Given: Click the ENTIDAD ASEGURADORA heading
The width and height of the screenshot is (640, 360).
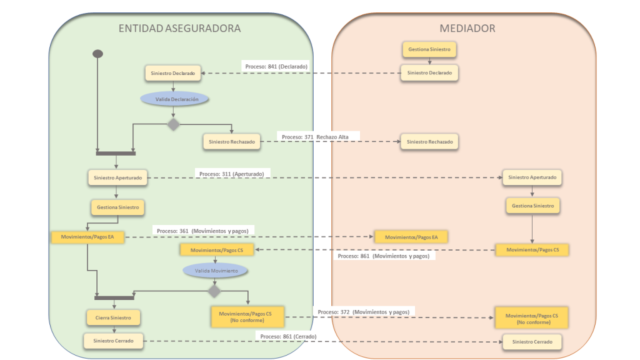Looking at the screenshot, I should point(180,28).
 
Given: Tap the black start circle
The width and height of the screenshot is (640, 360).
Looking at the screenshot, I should point(97,53).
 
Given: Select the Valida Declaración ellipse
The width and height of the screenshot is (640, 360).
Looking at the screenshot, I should point(174,99).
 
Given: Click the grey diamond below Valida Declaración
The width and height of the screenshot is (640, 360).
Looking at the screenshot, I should point(174,124).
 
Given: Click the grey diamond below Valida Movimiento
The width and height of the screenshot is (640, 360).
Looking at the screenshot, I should point(215,291).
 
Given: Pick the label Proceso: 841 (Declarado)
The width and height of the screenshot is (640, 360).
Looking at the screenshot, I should point(275,66).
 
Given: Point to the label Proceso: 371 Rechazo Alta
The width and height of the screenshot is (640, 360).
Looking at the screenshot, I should point(315,136).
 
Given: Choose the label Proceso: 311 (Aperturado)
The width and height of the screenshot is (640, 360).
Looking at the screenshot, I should point(231,173).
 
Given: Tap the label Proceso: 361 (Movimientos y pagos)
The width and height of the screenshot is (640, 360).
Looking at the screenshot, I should point(202,231).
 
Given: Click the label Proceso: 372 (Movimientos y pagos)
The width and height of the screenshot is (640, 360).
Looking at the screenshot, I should point(364,311).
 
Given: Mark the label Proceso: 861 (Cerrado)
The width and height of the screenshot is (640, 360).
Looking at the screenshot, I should point(288,336).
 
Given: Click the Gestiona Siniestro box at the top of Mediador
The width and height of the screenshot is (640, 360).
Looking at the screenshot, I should point(429,48).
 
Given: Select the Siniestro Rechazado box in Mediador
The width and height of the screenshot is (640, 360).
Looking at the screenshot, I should point(429,142).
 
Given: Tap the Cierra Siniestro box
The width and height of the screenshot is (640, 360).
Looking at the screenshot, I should point(113,317).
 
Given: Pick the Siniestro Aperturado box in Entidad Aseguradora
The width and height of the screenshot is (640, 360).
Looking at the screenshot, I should point(117,177).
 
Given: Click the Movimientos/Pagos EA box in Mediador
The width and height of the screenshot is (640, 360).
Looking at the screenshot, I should point(411,237).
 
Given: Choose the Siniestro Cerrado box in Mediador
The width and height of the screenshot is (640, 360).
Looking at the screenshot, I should point(532,342).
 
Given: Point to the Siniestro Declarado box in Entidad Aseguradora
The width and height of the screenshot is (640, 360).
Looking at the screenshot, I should point(172,73).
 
